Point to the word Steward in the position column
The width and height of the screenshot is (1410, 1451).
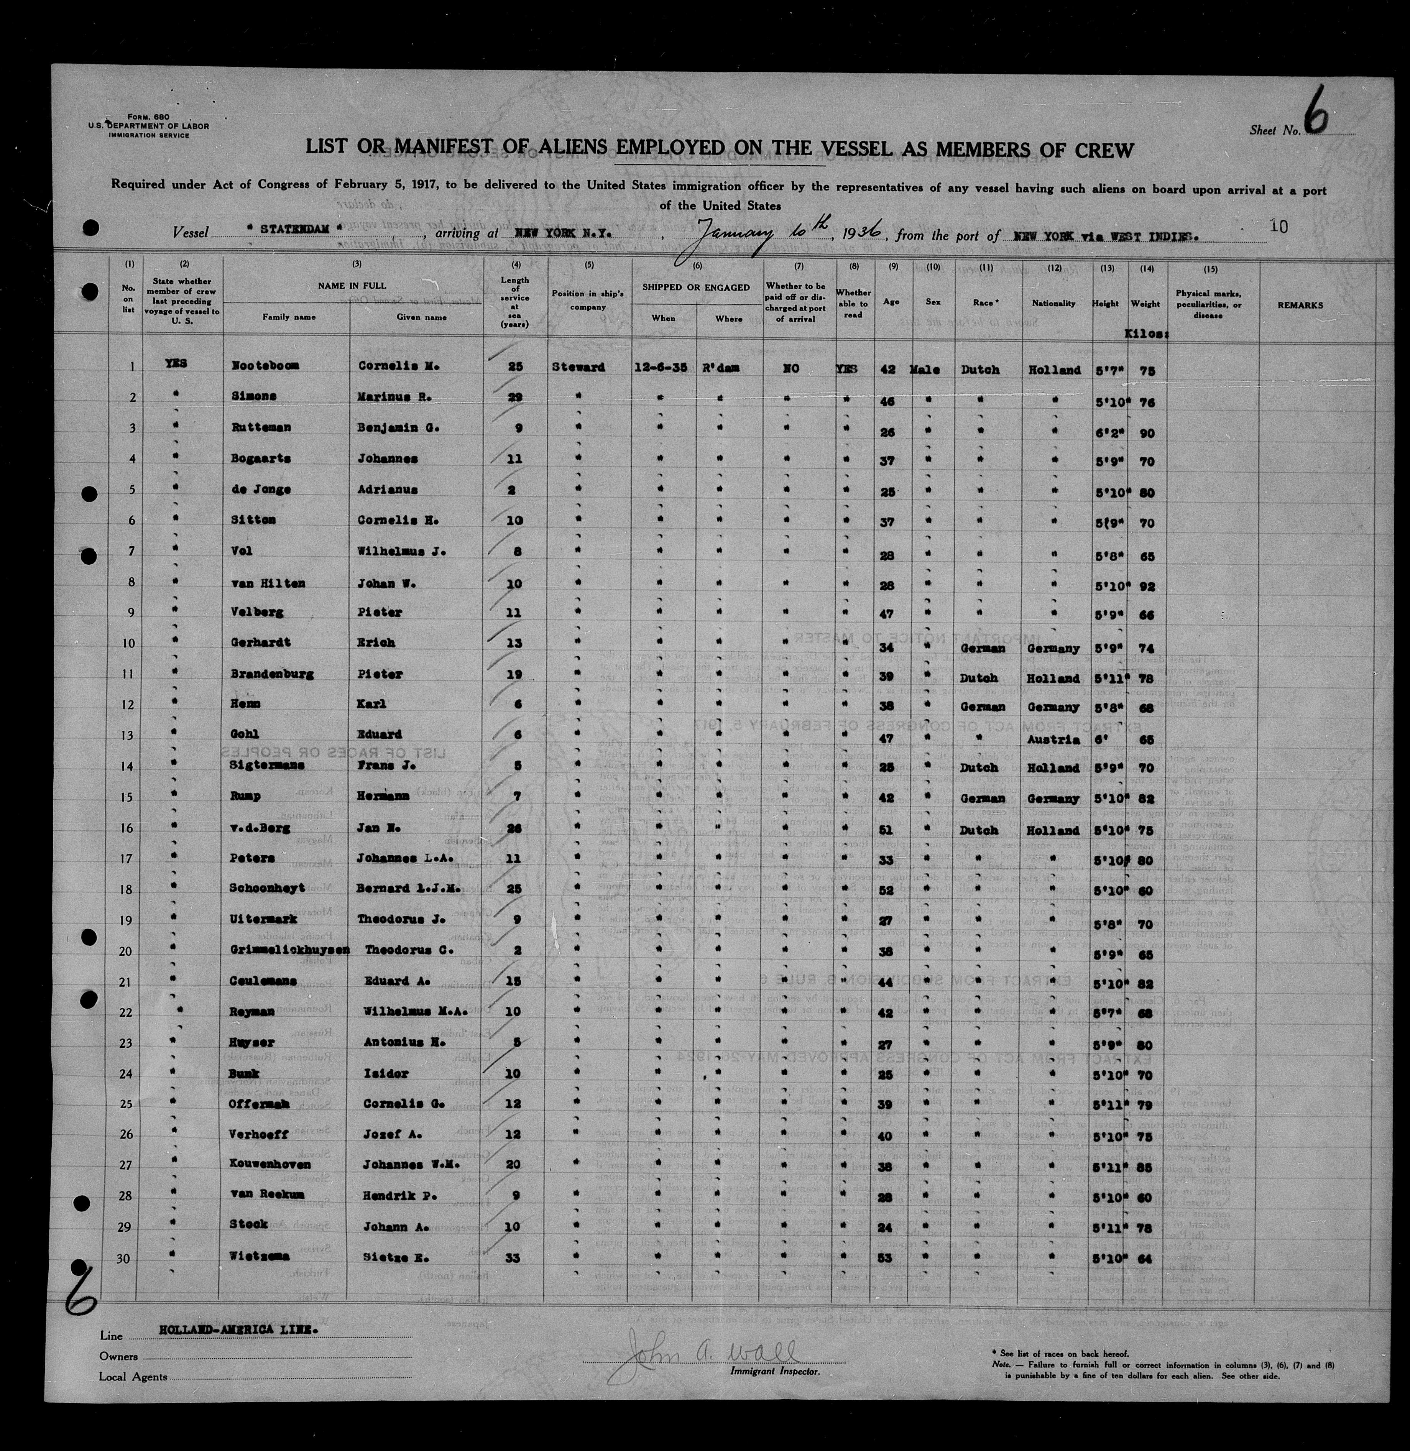(578, 367)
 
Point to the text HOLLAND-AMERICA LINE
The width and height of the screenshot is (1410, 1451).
(227, 1329)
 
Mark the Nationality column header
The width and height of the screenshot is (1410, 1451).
(1053, 304)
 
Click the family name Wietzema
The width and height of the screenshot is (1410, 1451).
(258, 1257)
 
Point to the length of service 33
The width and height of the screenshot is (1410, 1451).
(513, 1257)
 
